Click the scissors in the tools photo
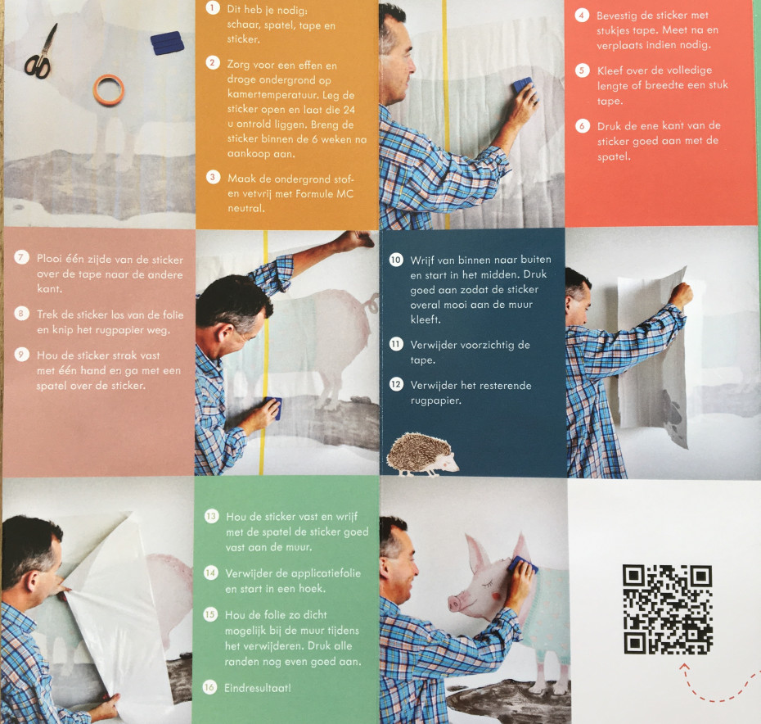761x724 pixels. pyautogui.click(x=40, y=53)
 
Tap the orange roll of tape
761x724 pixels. pyautogui.click(x=109, y=90)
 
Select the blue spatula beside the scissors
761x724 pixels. pyautogui.click(x=167, y=43)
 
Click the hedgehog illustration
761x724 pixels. pyautogui.click(x=421, y=455)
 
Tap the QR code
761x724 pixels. pyautogui.click(x=668, y=609)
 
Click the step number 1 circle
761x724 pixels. pyautogui.click(x=213, y=7)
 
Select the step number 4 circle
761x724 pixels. pyautogui.click(x=582, y=15)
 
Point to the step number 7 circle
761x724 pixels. pyautogui.click(x=21, y=257)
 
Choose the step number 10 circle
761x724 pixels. pyautogui.click(x=396, y=260)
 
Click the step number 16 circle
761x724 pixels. pyautogui.click(x=209, y=687)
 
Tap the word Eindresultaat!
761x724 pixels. pyautogui.click(x=258, y=688)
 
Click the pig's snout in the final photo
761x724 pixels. pyautogui.click(x=455, y=603)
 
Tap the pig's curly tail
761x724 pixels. pyautogui.click(x=371, y=304)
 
